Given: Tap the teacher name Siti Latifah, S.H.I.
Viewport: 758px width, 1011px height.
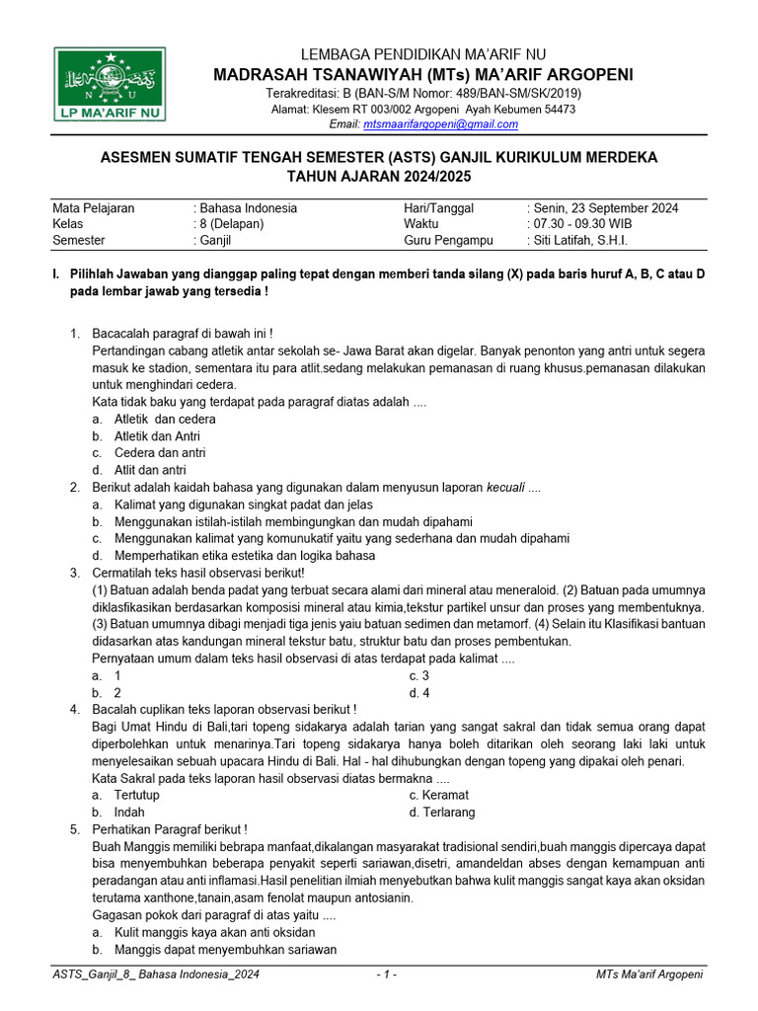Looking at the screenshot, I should [580, 240].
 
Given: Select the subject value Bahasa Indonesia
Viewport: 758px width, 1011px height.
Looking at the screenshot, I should [248, 208].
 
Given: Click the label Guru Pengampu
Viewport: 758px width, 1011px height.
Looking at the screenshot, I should [448, 240].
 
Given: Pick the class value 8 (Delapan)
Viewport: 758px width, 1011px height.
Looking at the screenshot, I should [231, 224].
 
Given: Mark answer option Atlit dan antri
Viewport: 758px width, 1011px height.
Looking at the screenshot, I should [150, 470].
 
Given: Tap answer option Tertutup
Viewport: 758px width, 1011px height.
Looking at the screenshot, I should [137, 795].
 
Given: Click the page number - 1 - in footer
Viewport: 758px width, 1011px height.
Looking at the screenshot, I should [387, 975].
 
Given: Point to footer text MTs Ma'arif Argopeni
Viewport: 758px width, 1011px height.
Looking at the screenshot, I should [649, 975].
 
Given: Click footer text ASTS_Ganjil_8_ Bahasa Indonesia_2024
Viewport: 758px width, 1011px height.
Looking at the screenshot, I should [156, 975].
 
